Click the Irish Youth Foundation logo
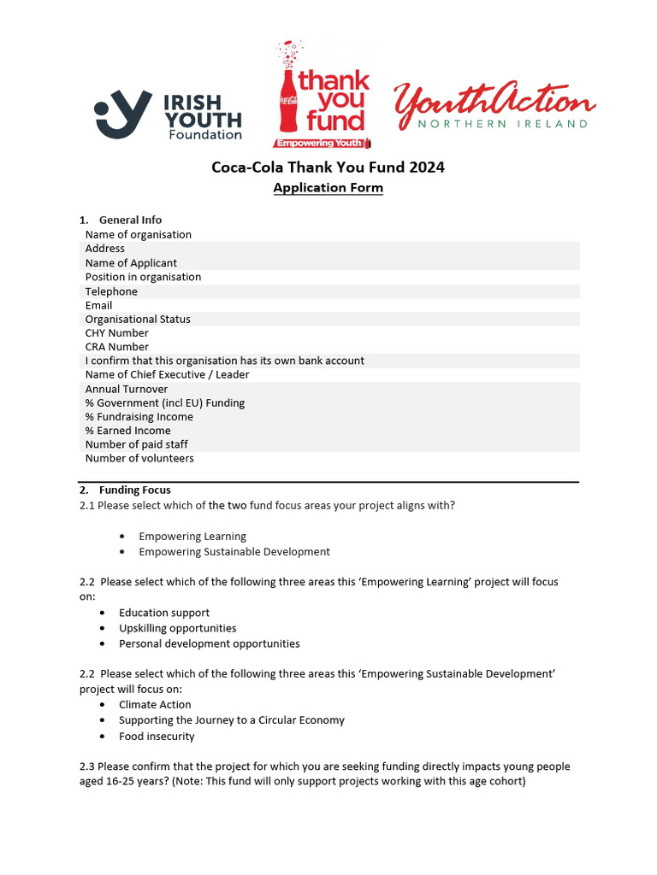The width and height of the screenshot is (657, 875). coord(168,115)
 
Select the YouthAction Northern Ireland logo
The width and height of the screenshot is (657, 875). coord(494,106)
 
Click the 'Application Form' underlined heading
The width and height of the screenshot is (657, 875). coord(328,188)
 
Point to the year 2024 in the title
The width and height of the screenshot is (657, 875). coord(427,167)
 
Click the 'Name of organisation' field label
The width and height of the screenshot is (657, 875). coord(138,235)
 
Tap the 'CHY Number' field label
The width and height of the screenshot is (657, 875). coord(116,333)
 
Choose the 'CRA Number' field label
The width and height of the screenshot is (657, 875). coord(116,347)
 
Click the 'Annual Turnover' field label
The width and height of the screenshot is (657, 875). coord(127,389)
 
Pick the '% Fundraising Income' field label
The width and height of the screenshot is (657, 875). coord(139,417)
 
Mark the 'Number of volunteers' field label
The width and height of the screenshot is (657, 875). coord(139,459)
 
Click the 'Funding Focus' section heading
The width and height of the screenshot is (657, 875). coord(134,490)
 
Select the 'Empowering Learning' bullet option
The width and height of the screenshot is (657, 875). coord(192,537)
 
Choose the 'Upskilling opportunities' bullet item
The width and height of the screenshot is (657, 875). coord(177,628)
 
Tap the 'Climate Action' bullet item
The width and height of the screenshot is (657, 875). coord(155,705)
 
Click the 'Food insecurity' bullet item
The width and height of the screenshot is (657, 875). coord(157,737)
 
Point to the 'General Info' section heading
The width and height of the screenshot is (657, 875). coord(130,220)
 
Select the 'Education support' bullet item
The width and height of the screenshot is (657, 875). coord(163,613)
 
